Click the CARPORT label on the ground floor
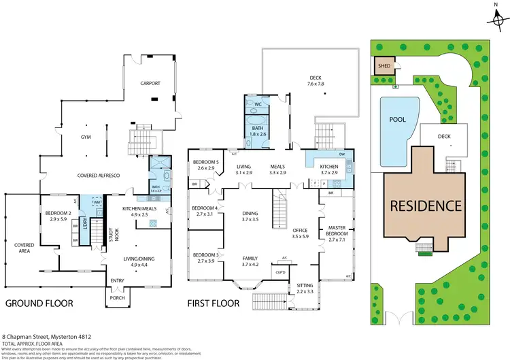150,83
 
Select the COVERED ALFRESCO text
95,176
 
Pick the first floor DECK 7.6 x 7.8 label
316,81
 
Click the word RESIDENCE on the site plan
426,206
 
